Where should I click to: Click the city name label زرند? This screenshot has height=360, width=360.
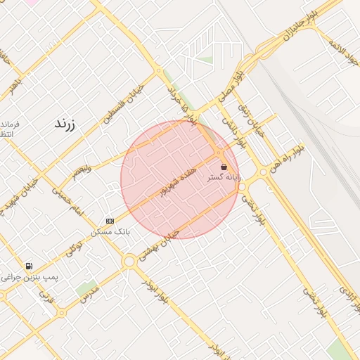(x=64, y=124)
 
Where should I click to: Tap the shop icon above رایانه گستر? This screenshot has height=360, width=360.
(x=224, y=167)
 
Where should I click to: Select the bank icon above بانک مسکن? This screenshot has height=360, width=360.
(x=109, y=221)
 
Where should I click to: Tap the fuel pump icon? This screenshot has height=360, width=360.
(x=28, y=266)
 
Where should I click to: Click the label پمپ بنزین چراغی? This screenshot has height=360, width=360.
(x=30, y=277)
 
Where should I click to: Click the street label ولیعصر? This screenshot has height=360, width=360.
(x=79, y=169)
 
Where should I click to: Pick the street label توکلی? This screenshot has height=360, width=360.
(x=74, y=247)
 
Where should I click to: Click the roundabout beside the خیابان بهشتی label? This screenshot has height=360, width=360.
(x=129, y=262)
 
